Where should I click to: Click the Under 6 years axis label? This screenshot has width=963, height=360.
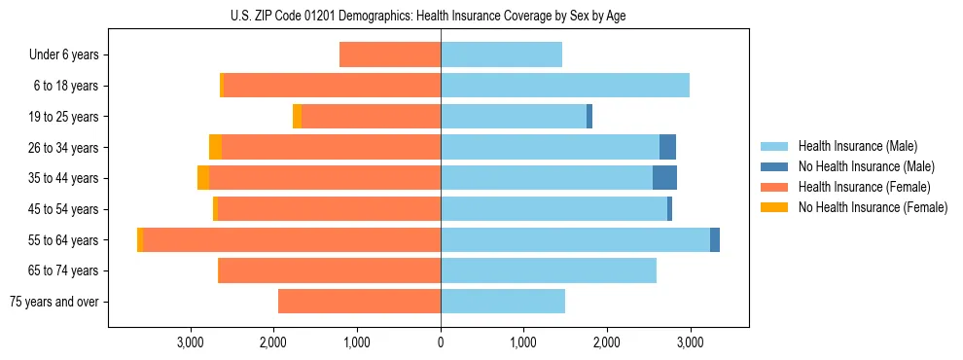[63, 55]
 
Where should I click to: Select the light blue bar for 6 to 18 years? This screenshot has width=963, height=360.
[565, 86]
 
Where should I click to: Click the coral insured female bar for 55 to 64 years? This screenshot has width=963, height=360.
[292, 240]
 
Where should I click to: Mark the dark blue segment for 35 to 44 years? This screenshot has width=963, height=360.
[664, 178]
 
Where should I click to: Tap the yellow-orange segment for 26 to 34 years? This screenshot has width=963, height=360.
[215, 147]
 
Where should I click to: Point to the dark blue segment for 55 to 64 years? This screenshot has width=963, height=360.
[715, 240]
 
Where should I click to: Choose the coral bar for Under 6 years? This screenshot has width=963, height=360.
[390, 55]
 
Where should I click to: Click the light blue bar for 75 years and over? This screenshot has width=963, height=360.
[503, 302]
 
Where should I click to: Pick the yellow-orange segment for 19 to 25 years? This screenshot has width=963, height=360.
[297, 117]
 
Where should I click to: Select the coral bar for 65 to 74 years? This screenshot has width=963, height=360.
[330, 270]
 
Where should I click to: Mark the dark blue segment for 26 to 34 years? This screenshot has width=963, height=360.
[667, 147]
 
